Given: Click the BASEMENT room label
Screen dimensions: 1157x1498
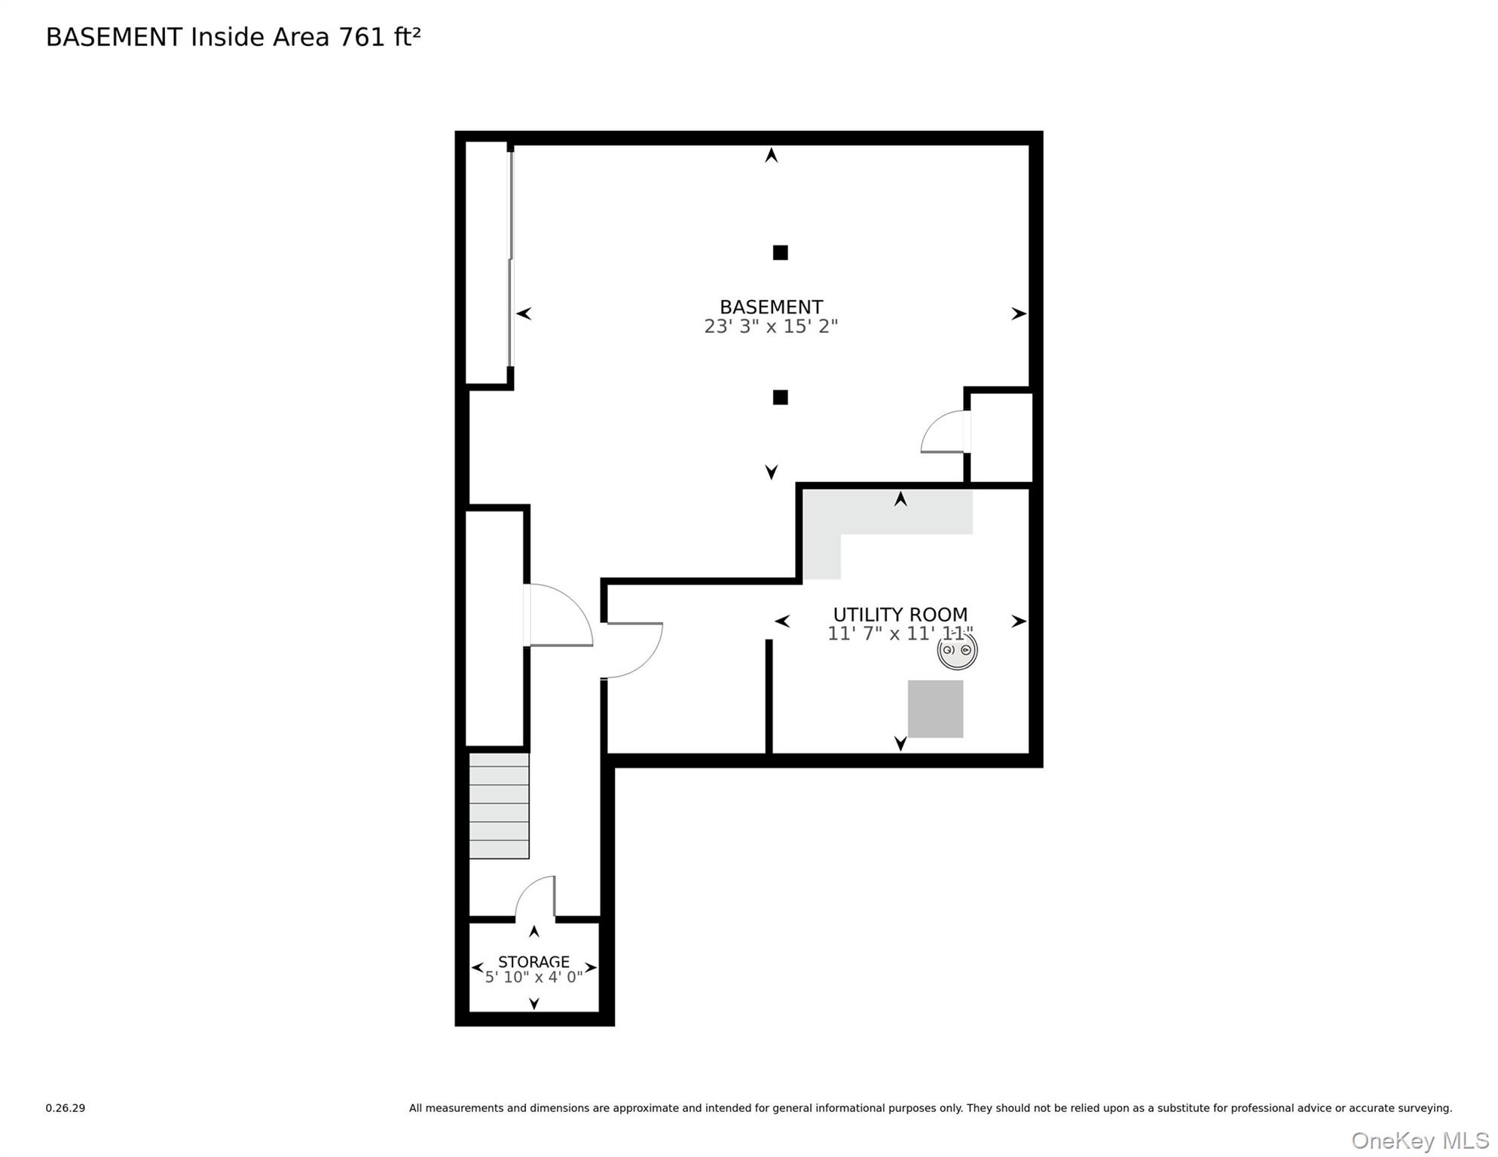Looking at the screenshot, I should coord(771,307).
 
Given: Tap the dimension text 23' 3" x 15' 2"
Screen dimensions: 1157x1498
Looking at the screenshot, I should coord(771,326).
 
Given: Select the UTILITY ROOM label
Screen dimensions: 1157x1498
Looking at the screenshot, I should coord(900,614).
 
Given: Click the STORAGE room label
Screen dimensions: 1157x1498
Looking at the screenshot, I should coord(533,962).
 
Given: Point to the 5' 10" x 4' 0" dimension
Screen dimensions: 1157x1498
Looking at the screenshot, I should coord(533,978).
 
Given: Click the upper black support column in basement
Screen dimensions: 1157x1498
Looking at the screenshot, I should coord(780,252).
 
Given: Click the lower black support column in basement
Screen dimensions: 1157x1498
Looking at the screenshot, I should coord(780,397).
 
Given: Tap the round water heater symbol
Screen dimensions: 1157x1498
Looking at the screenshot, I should coord(957,650).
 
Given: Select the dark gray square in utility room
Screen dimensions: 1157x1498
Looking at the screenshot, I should coord(935,709).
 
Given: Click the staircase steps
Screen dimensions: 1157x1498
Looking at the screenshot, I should coord(499,805).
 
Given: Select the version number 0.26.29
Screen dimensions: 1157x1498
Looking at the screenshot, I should coord(65,1108).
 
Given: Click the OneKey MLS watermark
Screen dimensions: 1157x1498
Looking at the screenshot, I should coord(1420,1140).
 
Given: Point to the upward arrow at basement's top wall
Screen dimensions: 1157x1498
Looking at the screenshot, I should coord(771,155).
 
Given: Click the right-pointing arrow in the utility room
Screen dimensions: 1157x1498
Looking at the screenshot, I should coord(1018,621).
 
